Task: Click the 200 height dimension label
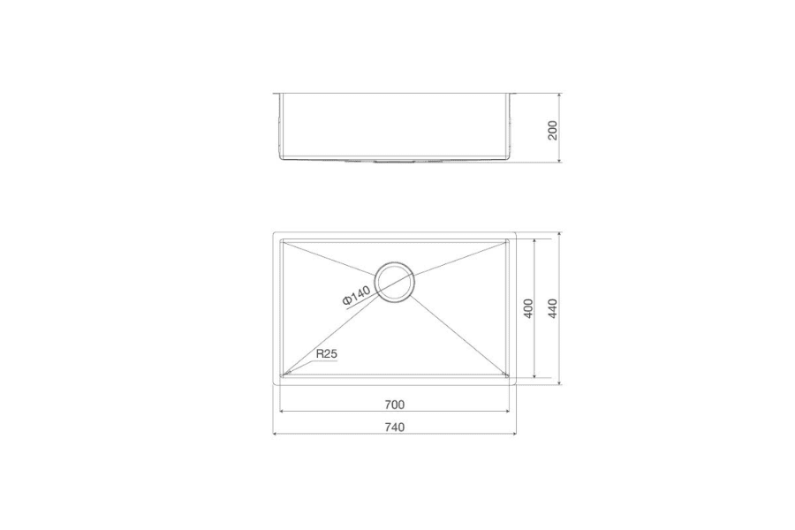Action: (x=553, y=131)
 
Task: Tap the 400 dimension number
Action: (x=528, y=308)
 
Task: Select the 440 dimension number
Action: (x=553, y=308)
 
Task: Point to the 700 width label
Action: (x=395, y=405)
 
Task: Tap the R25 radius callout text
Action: (x=327, y=354)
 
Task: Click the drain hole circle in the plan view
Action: (x=395, y=282)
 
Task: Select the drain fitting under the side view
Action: (x=395, y=162)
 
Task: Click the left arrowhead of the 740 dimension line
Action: (x=276, y=434)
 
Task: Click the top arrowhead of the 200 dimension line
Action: (x=559, y=94)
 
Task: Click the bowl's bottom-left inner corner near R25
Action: (x=284, y=376)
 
